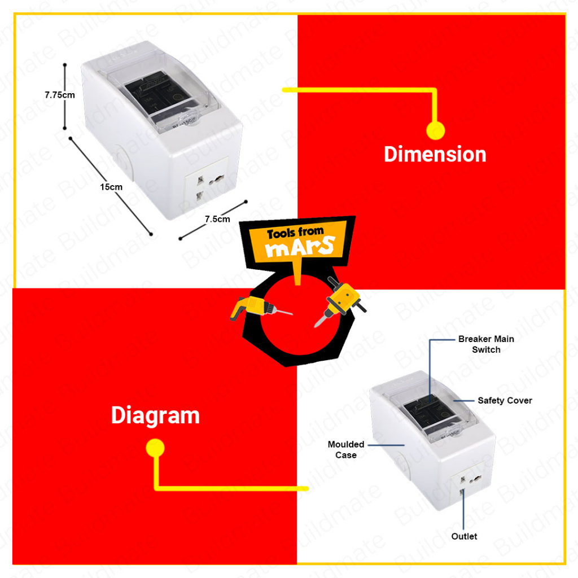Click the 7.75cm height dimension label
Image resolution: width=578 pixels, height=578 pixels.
coord(60,95)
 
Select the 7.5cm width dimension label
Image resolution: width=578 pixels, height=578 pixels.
coord(217,219)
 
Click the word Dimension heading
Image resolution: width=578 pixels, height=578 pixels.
coord(435,154)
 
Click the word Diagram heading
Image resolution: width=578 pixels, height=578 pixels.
coord(155,415)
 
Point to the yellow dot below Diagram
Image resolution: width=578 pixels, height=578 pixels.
coord(155,449)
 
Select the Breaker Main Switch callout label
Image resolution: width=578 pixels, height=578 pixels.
coord(486,344)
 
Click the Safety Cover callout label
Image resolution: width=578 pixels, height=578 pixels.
coord(505,400)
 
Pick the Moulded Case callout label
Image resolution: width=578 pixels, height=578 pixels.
coord(346,449)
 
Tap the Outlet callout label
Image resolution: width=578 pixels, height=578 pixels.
coord(464,536)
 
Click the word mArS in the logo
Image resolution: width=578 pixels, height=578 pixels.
coord(301,247)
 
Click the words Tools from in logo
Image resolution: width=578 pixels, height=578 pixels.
coord(295,232)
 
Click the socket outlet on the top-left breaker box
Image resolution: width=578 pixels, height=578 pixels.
coord(206,190)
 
